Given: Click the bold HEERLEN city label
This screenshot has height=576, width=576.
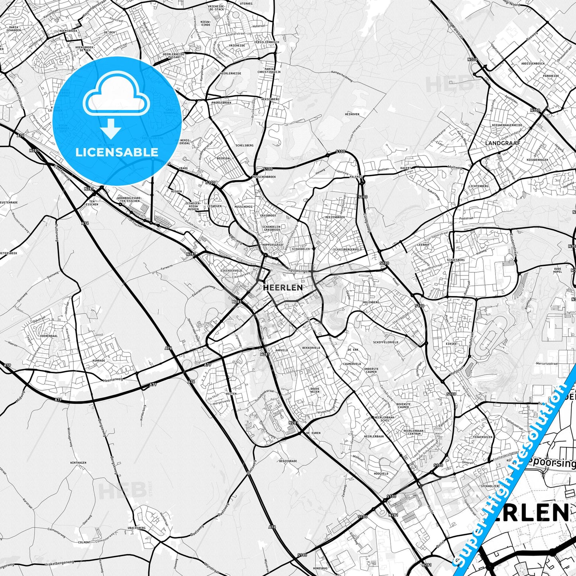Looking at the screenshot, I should pos(283,287).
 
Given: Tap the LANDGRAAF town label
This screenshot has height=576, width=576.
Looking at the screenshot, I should pos(503,142).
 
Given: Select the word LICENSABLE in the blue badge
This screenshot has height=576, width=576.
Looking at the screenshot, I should pos(117,152).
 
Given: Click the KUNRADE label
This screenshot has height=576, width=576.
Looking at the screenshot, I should pos(98,360).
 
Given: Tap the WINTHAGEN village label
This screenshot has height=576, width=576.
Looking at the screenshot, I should pos(78,463).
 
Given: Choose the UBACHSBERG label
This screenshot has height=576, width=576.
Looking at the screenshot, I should pos(137,527).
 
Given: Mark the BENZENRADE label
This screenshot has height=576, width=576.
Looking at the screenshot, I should pos(288,461).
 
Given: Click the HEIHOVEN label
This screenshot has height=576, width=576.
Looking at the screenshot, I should pos(352,114).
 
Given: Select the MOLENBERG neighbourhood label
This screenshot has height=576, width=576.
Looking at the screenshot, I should pos(371,302).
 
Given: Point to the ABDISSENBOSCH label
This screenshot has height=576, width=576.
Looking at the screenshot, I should pos(533,63).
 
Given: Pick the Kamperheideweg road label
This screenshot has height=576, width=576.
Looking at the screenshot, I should pos(343,73).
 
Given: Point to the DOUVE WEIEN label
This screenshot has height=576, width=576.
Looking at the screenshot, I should pos(315,389).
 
